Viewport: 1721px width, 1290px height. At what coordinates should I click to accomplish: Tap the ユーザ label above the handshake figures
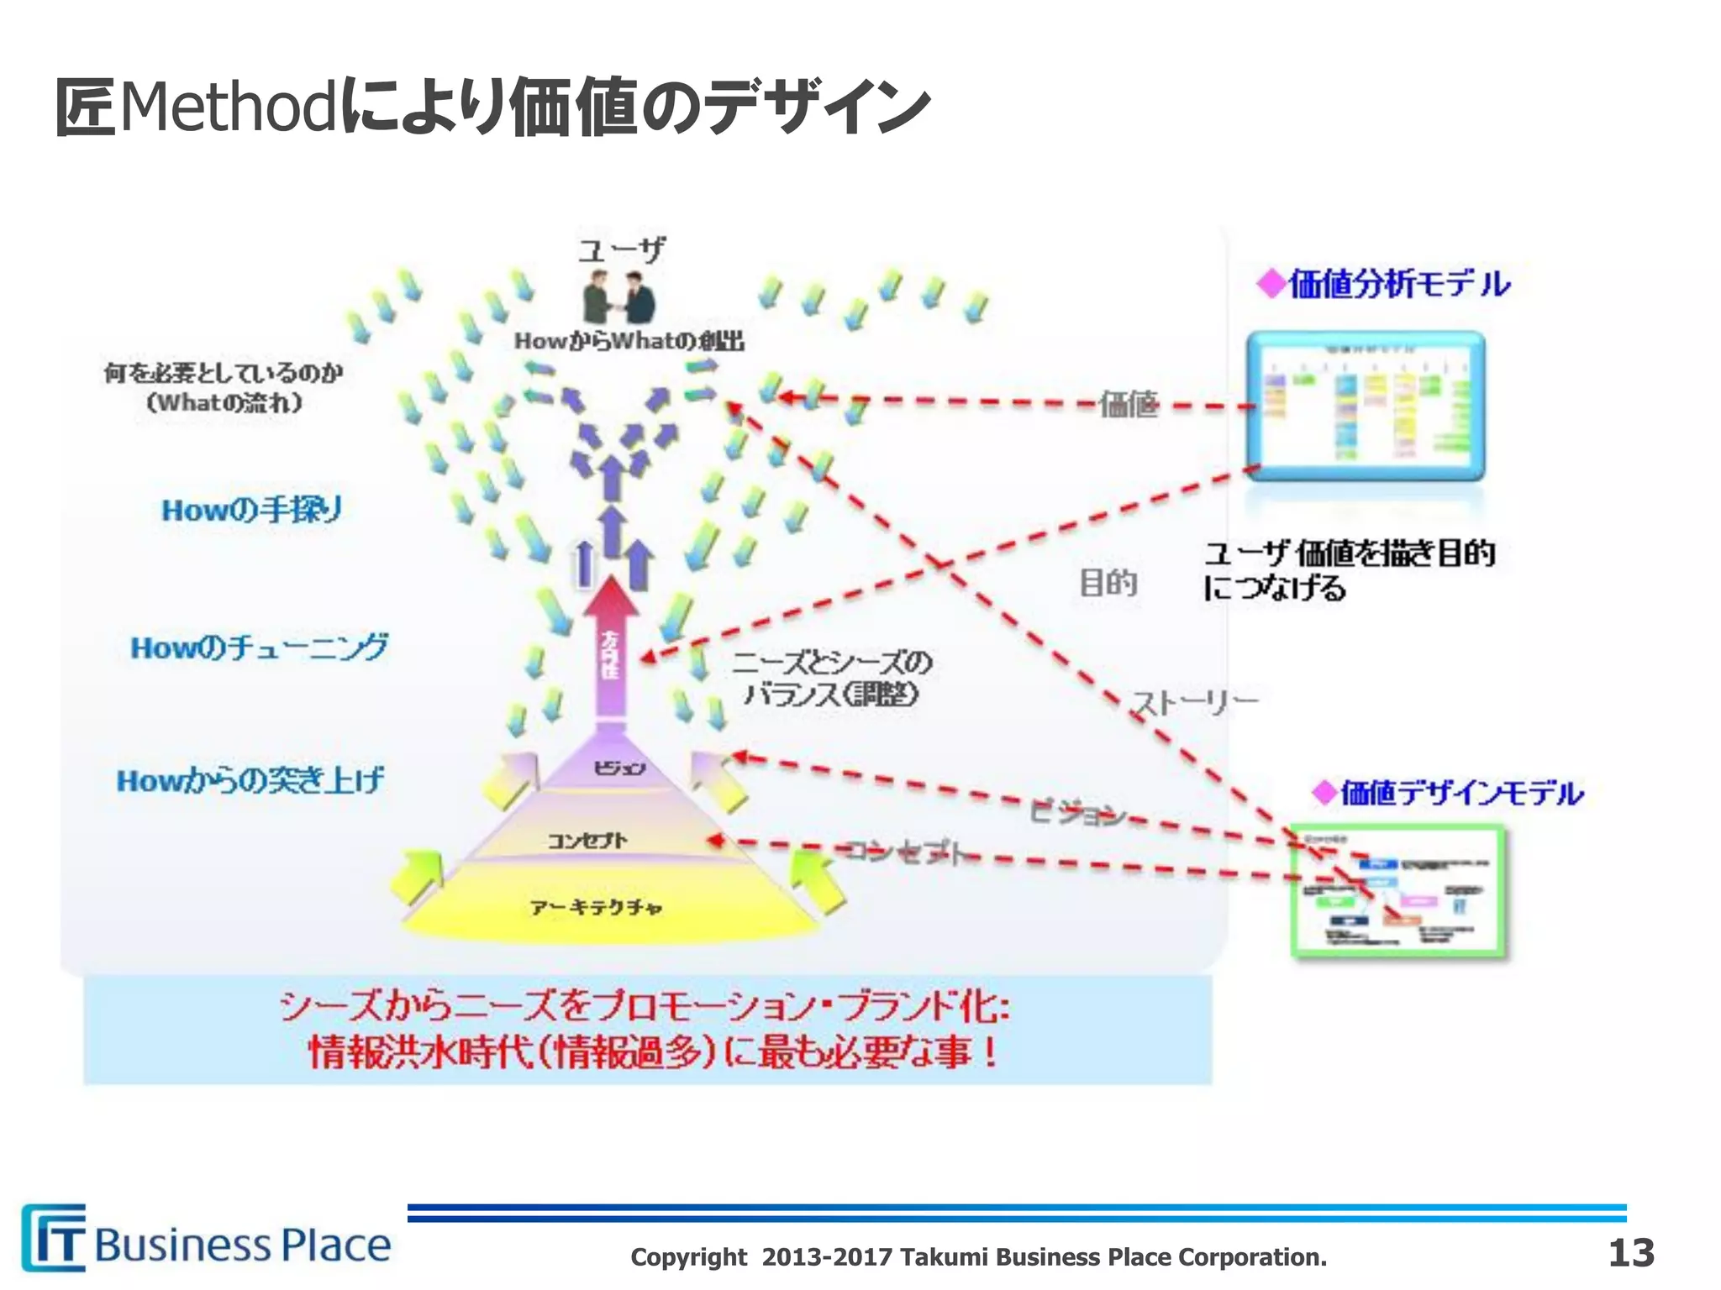[x=621, y=249]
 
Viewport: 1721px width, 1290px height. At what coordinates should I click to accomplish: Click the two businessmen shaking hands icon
[x=619, y=297]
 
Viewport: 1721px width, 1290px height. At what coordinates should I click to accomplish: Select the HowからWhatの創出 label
[x=629, y=341]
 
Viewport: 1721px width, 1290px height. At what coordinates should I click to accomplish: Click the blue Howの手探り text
[x=251, y=510]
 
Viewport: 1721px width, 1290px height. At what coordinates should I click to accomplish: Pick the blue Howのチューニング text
[x=259, y=648]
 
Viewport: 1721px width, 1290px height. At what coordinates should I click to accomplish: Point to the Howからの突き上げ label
[x=250, y=781]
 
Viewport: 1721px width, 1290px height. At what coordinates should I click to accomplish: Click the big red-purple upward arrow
[x=611, y=647]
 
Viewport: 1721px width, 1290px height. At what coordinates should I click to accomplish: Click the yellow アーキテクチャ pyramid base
[x=597, y=908]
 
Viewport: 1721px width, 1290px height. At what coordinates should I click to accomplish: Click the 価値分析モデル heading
[x=1387, y=284]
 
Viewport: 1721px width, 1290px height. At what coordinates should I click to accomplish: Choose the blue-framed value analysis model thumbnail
[x=1365, y=406]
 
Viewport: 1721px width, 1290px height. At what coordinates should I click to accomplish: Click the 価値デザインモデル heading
[x=1449, y=793]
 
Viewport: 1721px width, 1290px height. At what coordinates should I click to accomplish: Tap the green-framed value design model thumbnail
[x=1398, y=892]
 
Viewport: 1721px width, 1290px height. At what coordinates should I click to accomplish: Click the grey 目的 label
[x=1108, y=582]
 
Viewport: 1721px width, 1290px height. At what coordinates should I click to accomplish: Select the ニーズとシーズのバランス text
[x=832, y=679]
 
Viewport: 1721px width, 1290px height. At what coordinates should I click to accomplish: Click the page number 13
[x=1630, y=1253]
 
